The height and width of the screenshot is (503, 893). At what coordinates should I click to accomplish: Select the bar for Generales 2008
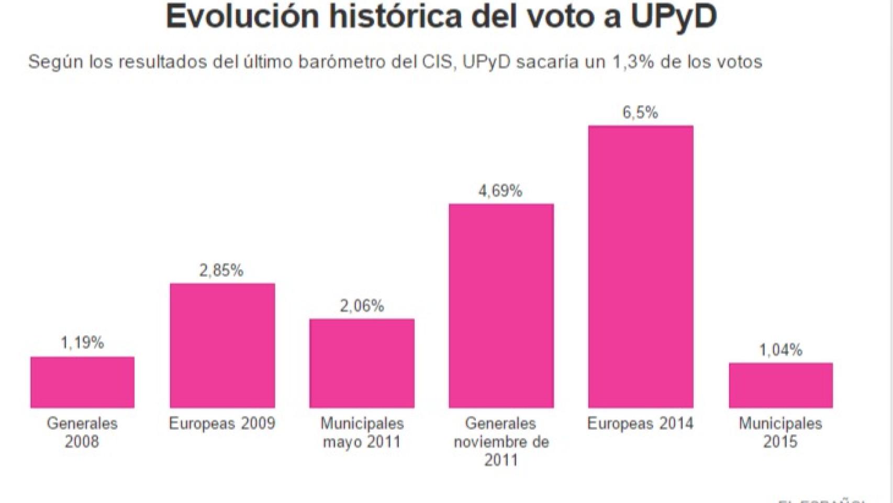click(x=82, y=382)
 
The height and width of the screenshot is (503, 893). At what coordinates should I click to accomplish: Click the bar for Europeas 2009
click(x=222, y=345)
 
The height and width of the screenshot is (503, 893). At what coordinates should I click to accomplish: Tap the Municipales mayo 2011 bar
click(x=362, y=363)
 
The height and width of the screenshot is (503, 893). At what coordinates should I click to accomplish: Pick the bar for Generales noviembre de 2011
click(x=501, y=305)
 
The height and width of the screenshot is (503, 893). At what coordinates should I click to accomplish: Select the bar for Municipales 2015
click(x=780, y=385)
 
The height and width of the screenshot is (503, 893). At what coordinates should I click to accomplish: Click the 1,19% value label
click(x=82, y=343)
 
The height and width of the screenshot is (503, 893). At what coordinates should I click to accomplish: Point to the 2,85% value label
click(x=221, y=270)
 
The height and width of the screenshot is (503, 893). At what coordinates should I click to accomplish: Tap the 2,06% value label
click(x=362, y=305)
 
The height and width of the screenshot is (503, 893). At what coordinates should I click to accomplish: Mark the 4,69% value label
click(x=500, y=191)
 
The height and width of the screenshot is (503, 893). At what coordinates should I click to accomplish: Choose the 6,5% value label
click(x=640, y=113)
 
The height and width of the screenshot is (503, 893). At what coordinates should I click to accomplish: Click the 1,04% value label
click(x=780, y=350)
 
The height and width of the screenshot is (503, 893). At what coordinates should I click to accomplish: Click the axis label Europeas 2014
click(x=640, y=423)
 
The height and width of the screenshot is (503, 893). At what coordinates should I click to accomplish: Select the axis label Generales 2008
click(x=82, y=432)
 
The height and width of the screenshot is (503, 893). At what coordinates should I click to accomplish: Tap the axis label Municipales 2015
click(x=780, y=432)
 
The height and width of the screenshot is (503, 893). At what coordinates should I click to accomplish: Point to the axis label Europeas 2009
click(x=222, y=423)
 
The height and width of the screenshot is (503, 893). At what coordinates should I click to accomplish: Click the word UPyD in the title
click(x=673, y=17)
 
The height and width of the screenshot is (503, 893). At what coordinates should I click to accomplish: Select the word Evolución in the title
click(x=242, y=17)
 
